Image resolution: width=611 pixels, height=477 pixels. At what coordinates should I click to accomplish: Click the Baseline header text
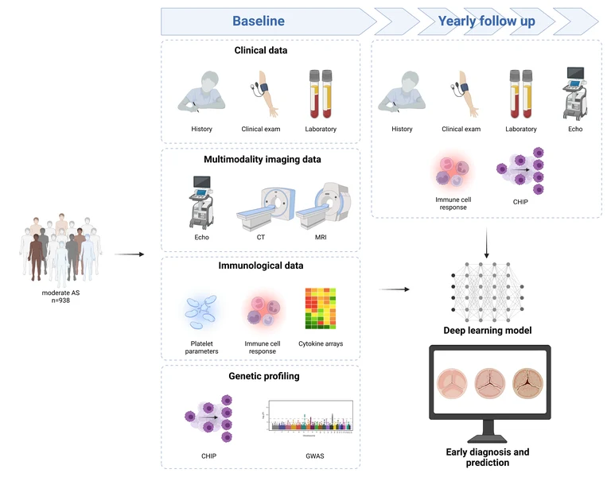point(259,21)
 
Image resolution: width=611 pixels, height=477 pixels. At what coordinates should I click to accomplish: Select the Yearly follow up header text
point(486,21)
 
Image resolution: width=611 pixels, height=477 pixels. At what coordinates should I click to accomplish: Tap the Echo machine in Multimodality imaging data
point(202,202)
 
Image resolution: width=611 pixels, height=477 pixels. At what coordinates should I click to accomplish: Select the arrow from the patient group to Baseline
point(129,254)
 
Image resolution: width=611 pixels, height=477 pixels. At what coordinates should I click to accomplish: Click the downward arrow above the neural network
point(486,242)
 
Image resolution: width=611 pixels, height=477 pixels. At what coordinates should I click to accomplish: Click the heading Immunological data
point(260,266)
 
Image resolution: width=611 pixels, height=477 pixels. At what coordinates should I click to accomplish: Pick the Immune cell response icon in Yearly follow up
point(450,170)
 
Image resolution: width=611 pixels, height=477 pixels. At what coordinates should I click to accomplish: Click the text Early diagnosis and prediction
point(487,456)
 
